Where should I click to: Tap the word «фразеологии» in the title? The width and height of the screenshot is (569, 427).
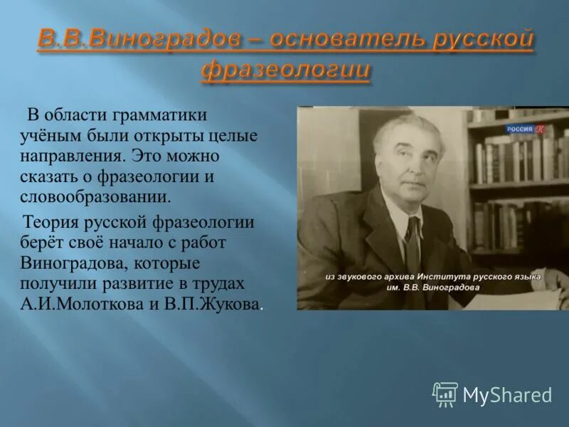[x=285, y=70]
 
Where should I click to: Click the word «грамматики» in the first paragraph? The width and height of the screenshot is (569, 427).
[x=162, y=115]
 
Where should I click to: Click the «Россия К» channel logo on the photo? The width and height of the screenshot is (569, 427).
[x=525, y=129]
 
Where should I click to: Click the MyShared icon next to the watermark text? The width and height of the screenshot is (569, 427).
[x=445, y=394]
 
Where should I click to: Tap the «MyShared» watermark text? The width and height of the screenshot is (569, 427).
[x=507, y=395]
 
